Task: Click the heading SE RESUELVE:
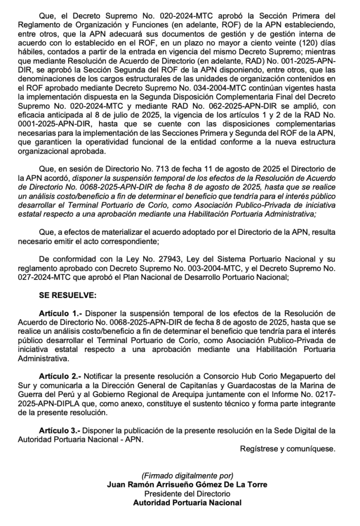65,296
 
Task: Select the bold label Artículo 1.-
61,312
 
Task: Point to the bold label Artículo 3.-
61,430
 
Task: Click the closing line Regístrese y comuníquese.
288,448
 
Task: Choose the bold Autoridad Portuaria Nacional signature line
187,503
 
